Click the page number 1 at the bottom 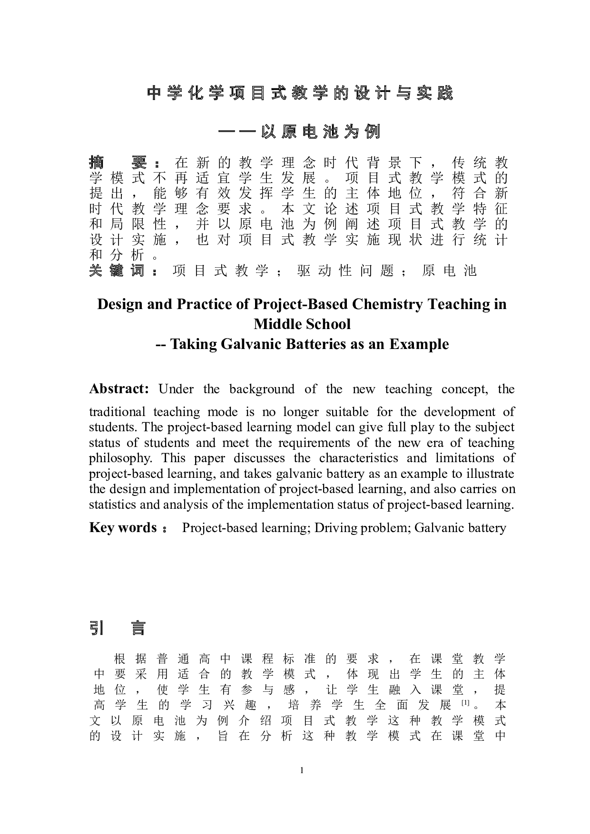302,770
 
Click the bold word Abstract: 119,389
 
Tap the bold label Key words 123,528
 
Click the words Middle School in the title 302,324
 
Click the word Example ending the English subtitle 419,344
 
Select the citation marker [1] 465,703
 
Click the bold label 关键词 117,271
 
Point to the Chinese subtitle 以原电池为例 321,131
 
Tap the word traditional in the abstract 117,412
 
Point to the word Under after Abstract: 176,389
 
